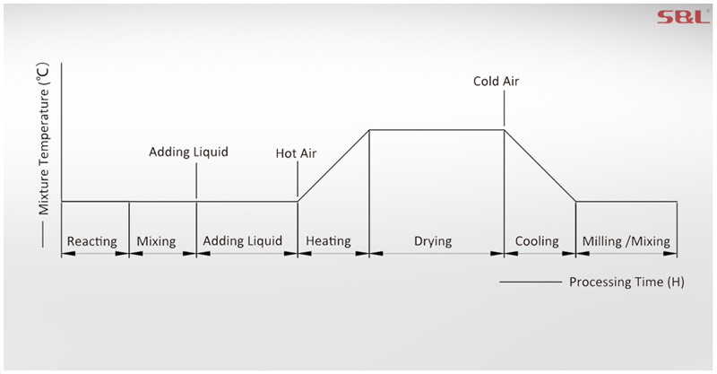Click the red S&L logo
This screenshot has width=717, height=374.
click(x=683, y=17)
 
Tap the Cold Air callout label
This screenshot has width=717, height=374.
click(x=496, y=82)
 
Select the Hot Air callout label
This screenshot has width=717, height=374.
click(x=296, y=153)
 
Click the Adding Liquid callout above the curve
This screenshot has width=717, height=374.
click(x=188, y=152)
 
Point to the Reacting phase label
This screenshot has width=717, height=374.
click(x=92, y=241)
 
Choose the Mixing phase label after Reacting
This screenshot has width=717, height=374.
click(x=156, y=241)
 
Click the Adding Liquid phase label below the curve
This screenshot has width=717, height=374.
click(x=242, y=240)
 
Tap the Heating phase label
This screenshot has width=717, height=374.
click(x=328, y=240)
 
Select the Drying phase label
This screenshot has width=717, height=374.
click(x=433, y=240)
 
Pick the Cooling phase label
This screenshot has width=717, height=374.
click(x=537, y=240)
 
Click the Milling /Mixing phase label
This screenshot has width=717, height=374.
click(x=626, y=240)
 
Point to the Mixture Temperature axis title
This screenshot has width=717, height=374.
click(x=43, y=139)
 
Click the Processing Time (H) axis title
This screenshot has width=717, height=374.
click(x=626, y=282)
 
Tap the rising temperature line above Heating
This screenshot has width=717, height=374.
click(x=333, y=166)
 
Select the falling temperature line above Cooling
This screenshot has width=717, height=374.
click(x=540, y=166)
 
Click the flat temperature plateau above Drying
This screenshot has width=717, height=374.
click(x=436, y=130)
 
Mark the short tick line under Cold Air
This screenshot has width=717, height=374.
click(x=504, y=108)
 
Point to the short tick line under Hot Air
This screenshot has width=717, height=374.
click(x=298, y=178)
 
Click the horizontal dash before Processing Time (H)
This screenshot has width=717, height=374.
click(x=531, y=282)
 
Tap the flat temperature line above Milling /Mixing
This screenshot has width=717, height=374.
click(x=626, y=202)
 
